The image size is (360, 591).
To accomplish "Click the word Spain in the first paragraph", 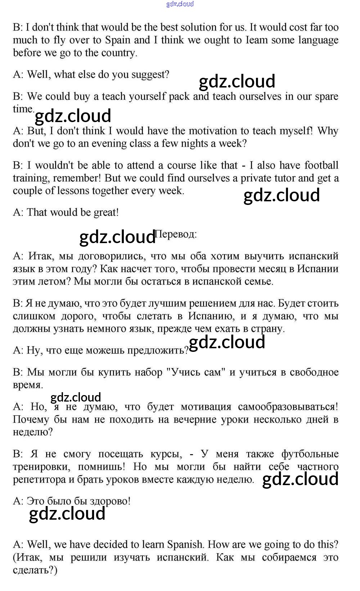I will click(x=136, y=40).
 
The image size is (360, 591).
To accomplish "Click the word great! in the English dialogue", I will click(x=106, y=212).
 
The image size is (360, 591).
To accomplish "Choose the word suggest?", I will click(x=150, y=75).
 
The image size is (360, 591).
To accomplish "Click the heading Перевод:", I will click(x=176, y=234).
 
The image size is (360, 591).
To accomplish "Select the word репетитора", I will click(x=39, y=480).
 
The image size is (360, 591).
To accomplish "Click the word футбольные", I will click(x=310, y=454).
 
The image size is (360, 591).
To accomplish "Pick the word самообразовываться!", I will click(x=288, y=407).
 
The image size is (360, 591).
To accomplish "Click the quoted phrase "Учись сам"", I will click(x=195, y=372).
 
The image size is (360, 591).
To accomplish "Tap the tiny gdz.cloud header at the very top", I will click(x=180, y=4).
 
